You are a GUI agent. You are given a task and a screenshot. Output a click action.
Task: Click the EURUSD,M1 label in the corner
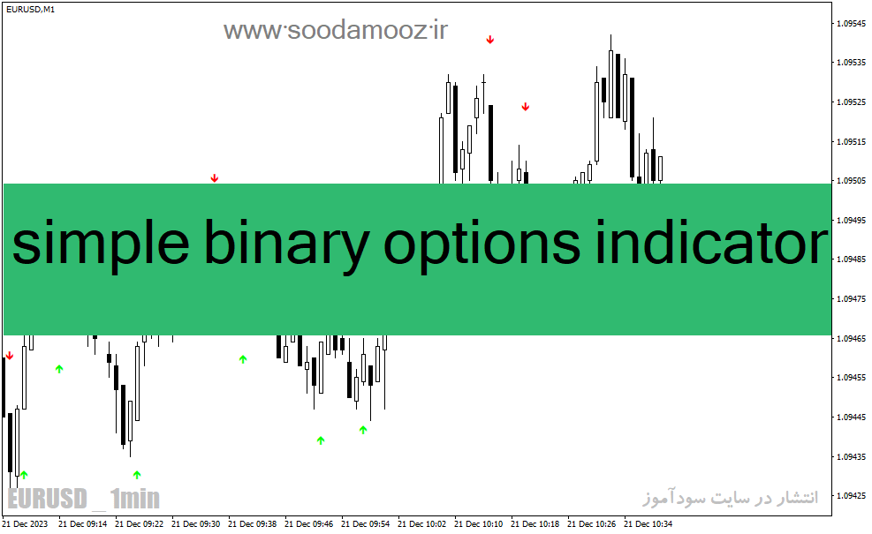tap(31, 10)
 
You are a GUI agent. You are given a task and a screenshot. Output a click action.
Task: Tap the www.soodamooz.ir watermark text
tap(336, 30)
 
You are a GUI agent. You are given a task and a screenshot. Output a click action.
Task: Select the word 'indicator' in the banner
tap(712, 242)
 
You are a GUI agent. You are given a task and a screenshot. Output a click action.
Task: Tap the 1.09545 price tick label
tap(852, 23)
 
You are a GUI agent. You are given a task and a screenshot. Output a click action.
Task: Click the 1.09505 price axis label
tap(852, 181)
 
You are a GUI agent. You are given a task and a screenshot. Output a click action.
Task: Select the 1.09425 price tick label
tap(852, 496)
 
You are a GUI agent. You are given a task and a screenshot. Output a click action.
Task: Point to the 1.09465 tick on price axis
tap(852, 338)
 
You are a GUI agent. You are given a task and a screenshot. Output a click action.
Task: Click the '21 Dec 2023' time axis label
tap(25, 524)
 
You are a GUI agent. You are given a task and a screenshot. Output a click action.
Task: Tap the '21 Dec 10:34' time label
tap(648, 524)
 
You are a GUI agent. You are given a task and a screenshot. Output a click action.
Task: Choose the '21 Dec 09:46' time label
tap(308, 524)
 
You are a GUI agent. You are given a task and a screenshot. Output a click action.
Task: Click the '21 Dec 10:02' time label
tap(421, 524)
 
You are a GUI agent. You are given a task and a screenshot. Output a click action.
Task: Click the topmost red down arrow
tap(490, 40)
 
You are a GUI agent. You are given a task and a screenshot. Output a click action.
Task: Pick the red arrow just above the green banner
tap(215, 178)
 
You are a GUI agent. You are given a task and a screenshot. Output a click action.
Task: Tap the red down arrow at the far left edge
tap(9, 356)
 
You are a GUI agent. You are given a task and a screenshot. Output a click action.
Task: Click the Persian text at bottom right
tap(731, 497)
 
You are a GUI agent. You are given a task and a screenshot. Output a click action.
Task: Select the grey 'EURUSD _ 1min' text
tap(83, 499)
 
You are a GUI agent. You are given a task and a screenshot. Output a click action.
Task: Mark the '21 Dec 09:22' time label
tap(139, 524)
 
